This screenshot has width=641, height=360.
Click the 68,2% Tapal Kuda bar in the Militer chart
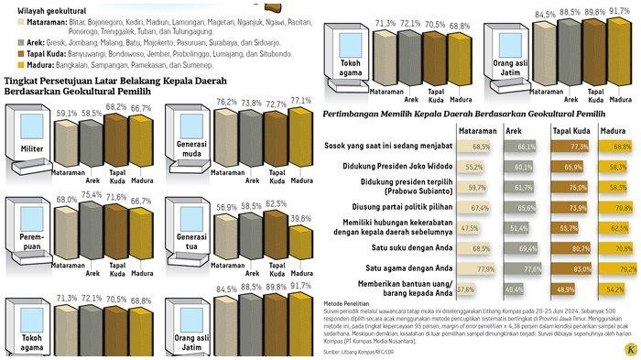click(117, 143)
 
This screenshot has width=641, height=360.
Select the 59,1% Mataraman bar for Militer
click(66, 146)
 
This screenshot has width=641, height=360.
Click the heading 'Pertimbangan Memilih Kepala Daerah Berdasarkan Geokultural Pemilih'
click(463, 113)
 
